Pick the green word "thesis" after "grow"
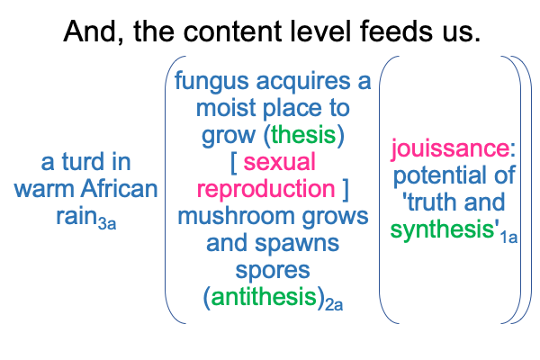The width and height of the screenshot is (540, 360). [x=303, y=135]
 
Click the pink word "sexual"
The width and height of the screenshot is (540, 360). [x=279, y=162]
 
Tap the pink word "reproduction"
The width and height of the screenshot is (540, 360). [x=265, y=190]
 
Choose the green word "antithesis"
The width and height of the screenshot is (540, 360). [x=264, y=297]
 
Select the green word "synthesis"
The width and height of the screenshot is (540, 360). [x=443, y=230]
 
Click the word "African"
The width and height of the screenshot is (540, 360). [x=119, y=189]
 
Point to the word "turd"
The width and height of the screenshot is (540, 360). [x=83, y=162]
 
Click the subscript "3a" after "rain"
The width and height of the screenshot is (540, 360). [x=107, y=224]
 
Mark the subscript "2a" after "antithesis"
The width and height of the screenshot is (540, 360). [x=334, y=304]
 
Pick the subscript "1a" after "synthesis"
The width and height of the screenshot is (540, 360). [x=508, y=238]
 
